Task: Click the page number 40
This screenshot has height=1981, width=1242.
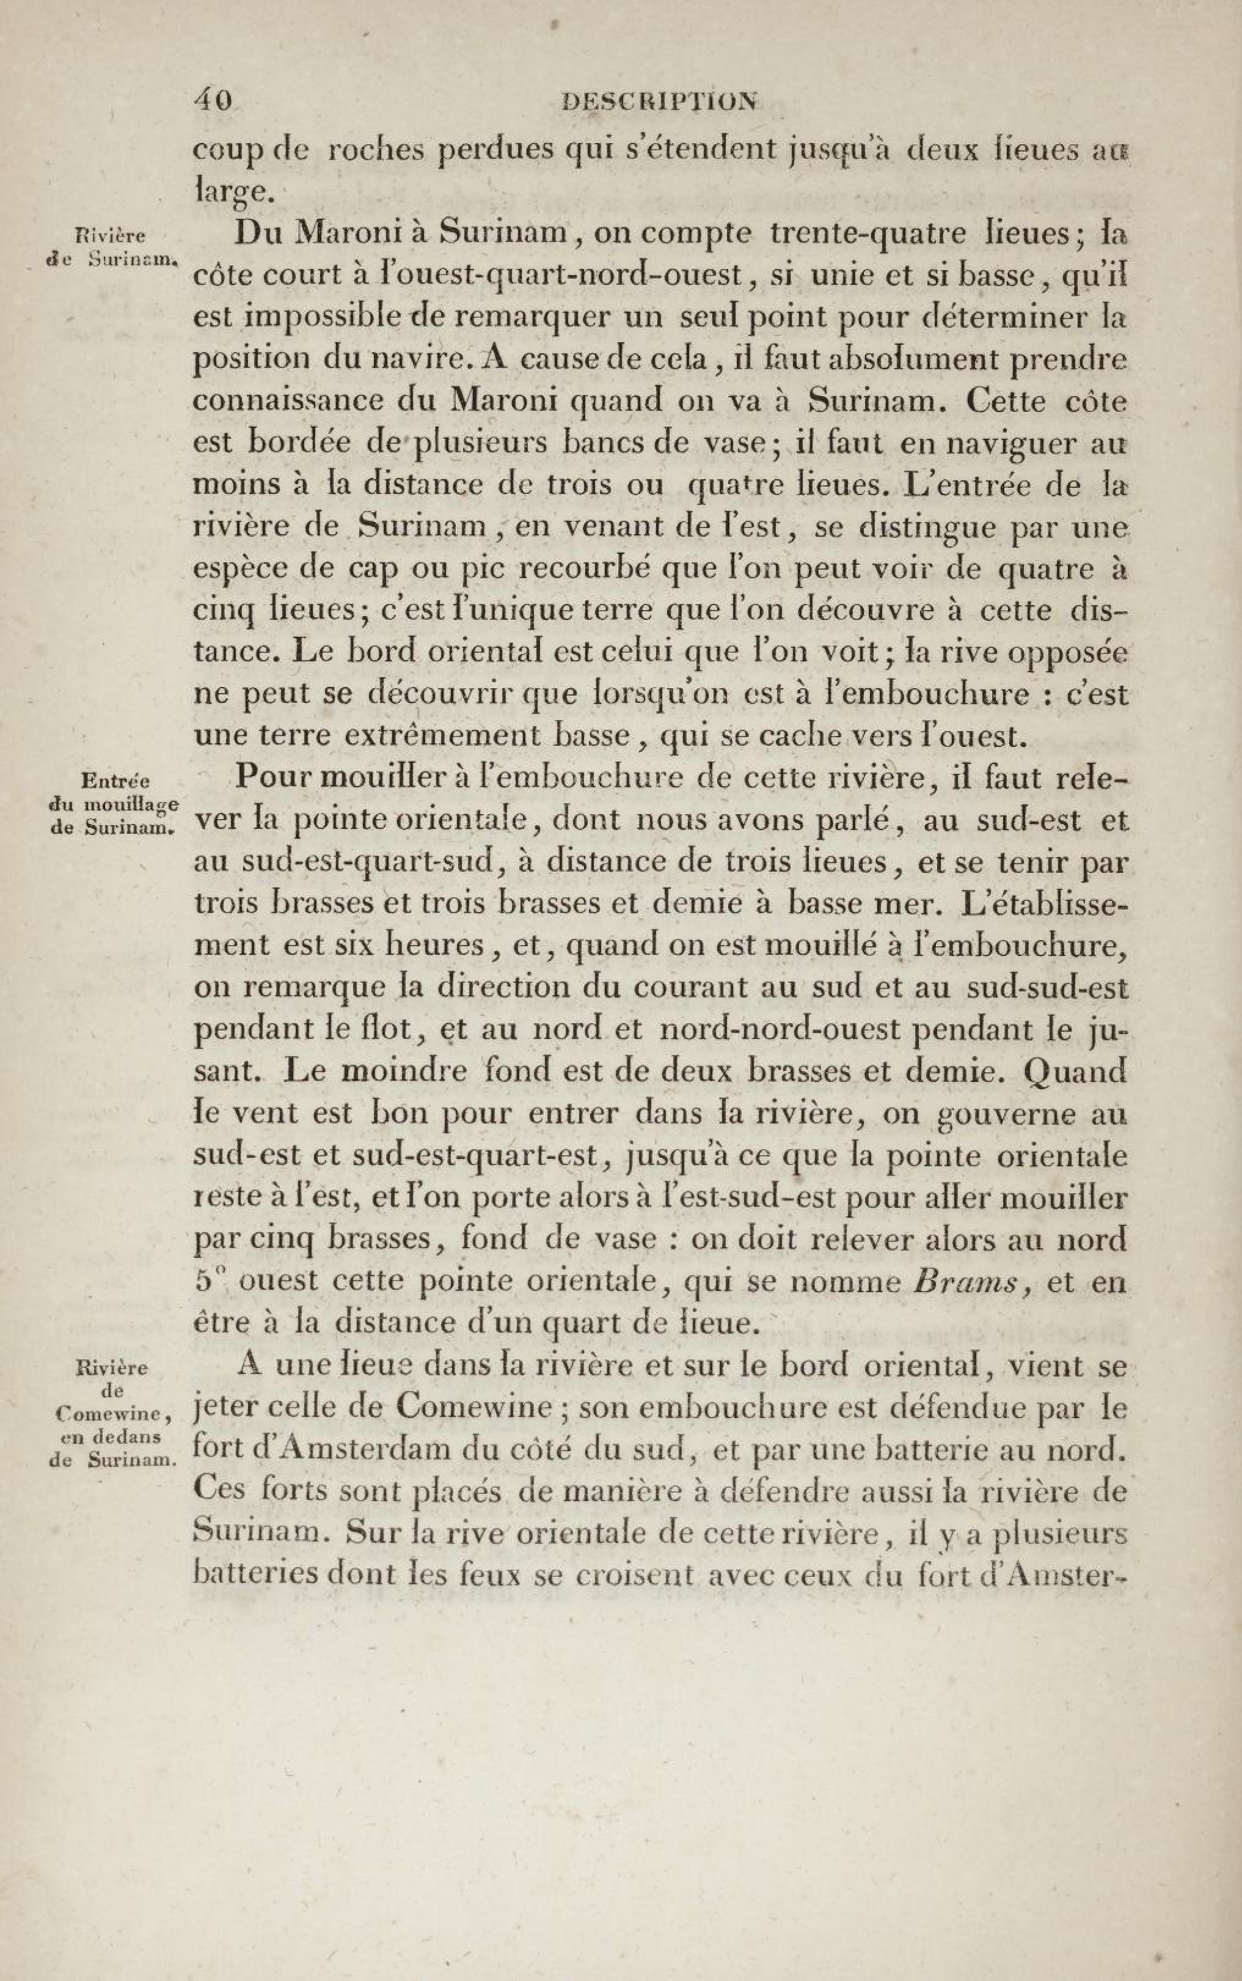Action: coord(213,100)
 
